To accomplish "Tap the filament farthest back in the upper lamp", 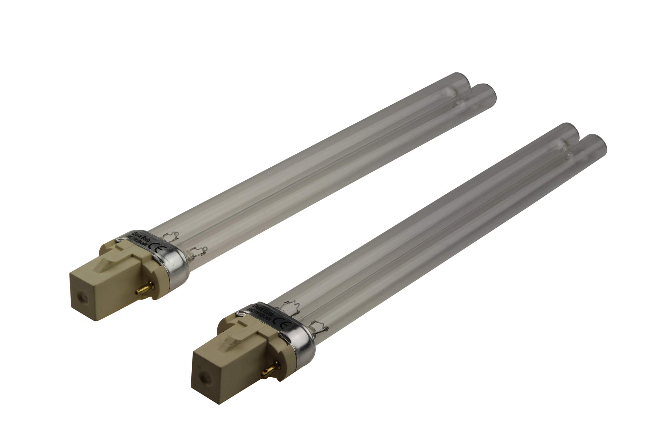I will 171,235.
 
